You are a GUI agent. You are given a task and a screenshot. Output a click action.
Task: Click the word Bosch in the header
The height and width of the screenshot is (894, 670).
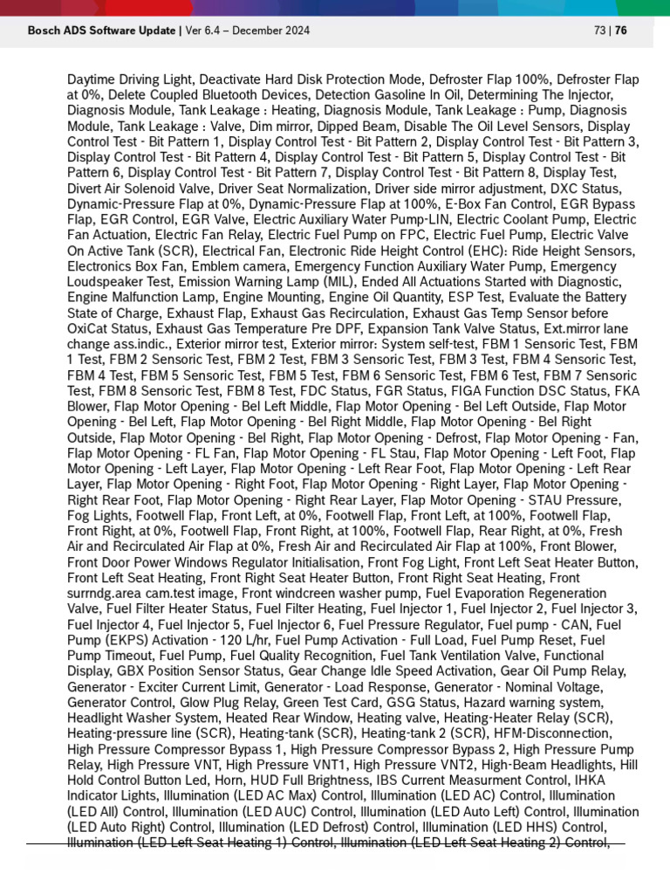44,31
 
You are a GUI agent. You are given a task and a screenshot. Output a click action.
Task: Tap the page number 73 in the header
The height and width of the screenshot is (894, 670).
599,31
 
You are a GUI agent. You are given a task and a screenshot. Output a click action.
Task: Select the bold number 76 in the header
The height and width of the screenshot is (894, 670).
621,31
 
